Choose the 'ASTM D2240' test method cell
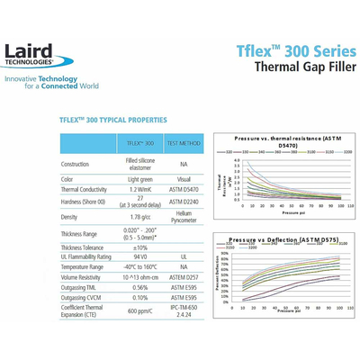[x=184, y=202]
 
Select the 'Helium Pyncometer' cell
[x=184, y=217]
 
